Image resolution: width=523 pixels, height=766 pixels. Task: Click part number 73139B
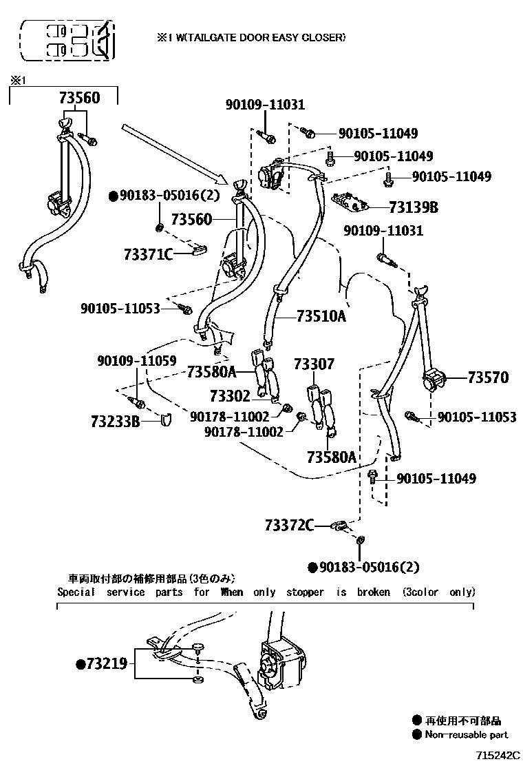click(x=413, y=207)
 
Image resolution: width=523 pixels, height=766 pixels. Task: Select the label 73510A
click(x=321, y=316)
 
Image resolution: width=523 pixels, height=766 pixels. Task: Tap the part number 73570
click(x=488, y=377)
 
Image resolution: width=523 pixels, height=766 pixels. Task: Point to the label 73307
click(x=314, y=364)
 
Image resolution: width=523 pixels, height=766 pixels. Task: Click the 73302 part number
click(x=231, y=395)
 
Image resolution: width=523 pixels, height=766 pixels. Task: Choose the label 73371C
click(x=149, y=254)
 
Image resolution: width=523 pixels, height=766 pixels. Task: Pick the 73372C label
click(x=289, y=525)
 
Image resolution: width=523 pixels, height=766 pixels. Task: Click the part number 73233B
click(x=115, y=421)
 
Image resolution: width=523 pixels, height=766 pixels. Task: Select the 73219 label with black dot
click(x=101, y=664)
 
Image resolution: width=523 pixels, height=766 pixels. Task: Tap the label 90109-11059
click(x=137, y=361)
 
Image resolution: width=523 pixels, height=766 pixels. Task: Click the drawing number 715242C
click(x=499, y=755)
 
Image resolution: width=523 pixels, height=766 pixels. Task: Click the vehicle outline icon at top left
click(x=67, y=41)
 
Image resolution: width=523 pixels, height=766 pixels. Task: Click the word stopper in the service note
click(x=305, y=592)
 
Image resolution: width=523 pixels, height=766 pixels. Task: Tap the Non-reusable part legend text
click(x=466, y=735)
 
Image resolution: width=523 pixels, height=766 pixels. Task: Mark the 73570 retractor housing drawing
click(x=434, y=380)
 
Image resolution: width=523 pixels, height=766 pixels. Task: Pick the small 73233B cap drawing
click(x=167, y=420)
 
